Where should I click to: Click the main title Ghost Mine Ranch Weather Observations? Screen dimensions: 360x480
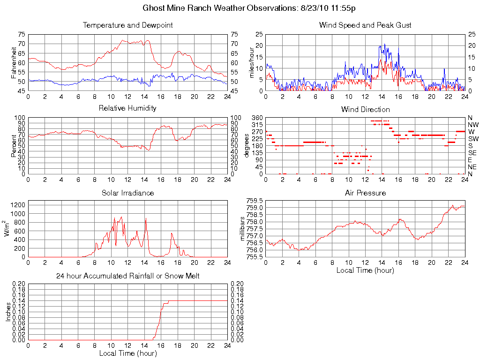248,8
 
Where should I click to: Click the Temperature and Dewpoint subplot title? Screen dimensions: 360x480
127,25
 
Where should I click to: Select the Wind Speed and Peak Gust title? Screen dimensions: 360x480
365,25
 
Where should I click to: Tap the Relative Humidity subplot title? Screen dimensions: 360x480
127,108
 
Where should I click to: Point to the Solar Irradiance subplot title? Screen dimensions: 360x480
127,193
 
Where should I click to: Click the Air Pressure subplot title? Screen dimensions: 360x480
365,193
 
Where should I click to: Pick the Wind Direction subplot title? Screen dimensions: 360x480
365,109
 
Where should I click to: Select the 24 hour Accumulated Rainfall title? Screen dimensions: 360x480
127,276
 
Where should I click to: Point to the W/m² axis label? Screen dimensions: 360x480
8,228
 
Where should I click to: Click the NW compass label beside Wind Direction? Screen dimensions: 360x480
472,125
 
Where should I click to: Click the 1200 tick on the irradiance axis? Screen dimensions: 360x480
18,205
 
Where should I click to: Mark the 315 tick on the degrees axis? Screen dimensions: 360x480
257,125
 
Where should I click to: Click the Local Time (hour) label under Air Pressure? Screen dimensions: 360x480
365,270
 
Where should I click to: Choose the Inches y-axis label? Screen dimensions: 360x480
8,312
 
